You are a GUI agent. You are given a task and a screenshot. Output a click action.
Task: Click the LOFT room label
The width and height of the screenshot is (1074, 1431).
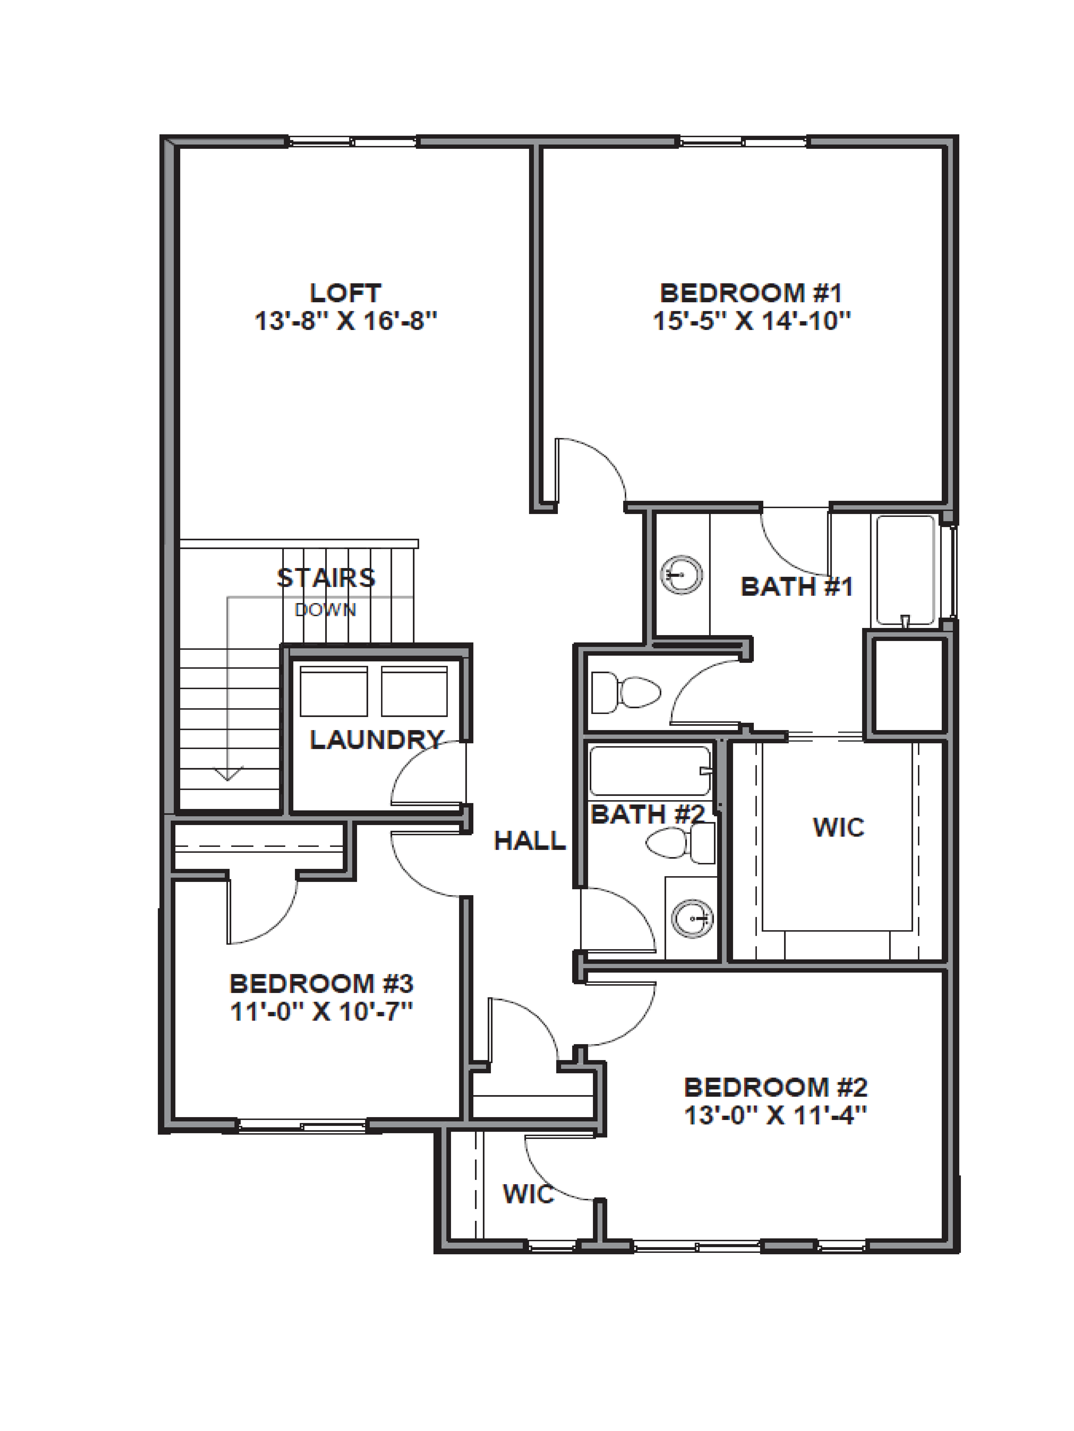pyautogui.click(x=345, y=293)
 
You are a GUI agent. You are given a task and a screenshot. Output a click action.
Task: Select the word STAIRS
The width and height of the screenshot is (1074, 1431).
pyautogui.click(x=326, y=578)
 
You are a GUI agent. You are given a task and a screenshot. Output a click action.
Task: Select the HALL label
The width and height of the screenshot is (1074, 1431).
pyautogui.click(x=530, y=841)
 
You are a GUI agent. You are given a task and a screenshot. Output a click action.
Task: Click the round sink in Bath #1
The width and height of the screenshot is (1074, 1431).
pyautogui.click(x=681, y=574)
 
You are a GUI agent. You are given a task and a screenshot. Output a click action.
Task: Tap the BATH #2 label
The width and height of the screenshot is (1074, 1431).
pyautogui.click(x=647, y=814)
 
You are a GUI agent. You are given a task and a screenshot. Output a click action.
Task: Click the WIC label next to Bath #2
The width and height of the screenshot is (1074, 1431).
pyautogui.click(x=838, y=827)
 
